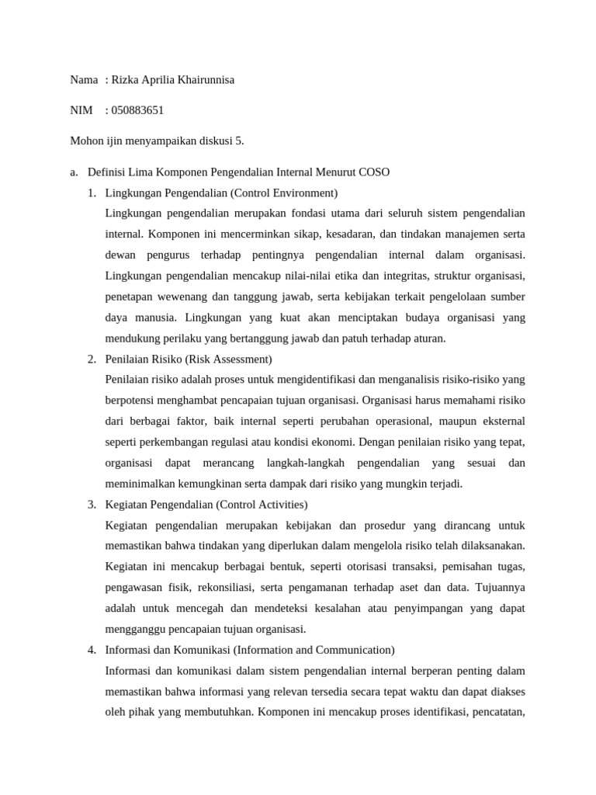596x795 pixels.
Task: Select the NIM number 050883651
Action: coord(137,110)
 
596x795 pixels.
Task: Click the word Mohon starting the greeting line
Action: coord(86,141)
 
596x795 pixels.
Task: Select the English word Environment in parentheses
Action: coord(301,193)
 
